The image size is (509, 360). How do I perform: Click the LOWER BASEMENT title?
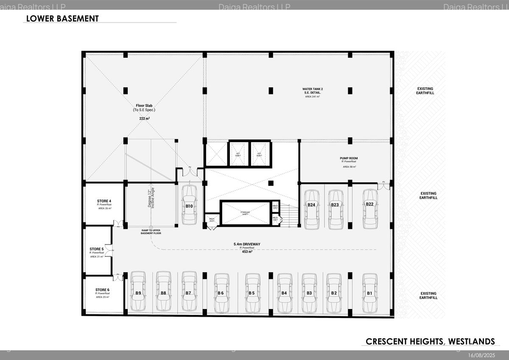click(62, 19)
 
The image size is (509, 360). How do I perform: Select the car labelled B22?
click(369, 208)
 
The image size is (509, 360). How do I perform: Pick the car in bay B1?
click(369, 292)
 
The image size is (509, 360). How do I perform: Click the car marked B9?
click(138, 292)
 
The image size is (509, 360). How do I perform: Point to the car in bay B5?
click(252, 292)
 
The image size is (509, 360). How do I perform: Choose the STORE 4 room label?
click(104, 201)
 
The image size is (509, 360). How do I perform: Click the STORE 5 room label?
click(97, 249)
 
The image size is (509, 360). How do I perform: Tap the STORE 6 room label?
click(103, 290)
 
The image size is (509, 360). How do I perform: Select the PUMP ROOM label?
click(349, 158)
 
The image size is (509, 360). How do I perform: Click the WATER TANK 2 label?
click(313, 89)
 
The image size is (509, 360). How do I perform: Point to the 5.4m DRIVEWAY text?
click(246, 244)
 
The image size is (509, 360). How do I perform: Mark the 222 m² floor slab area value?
click(144, 118)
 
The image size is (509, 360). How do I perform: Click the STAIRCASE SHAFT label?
click(246, 212)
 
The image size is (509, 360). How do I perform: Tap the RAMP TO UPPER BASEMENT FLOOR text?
click(151, 231)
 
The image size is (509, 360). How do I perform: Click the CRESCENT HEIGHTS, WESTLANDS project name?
click(430, 341)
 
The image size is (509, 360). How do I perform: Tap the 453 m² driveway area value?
click(246, 251)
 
